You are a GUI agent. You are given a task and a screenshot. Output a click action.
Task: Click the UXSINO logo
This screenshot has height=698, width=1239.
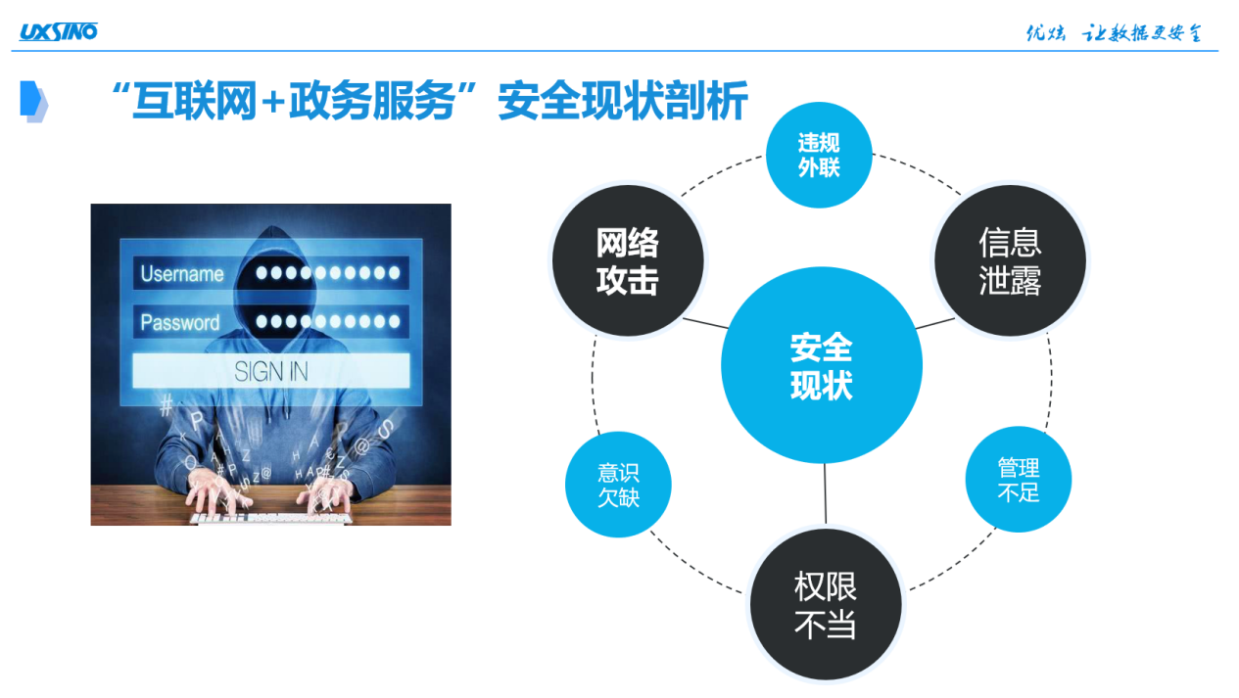click(59, 32)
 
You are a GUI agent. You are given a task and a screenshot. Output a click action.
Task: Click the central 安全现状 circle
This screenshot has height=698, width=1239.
click(822, 365)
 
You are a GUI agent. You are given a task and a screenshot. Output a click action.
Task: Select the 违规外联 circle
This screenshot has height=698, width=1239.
click(819, 155)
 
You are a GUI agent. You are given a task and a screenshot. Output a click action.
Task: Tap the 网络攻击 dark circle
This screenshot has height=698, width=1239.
click(628, 260)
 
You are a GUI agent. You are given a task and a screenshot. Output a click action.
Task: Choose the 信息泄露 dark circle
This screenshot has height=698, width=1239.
click(1010, 260)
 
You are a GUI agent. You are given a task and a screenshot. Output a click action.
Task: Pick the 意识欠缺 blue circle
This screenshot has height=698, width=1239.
click(618, 485)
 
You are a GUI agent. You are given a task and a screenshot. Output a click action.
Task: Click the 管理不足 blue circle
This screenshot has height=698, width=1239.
click(1019, 479)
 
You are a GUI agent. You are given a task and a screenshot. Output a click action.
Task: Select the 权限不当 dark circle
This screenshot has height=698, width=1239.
click(826, 604)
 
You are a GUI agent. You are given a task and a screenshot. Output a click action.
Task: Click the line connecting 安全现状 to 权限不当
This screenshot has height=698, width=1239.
click(826, 493)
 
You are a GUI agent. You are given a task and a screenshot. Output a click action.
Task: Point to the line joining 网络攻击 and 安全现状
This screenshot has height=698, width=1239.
click(706, 323)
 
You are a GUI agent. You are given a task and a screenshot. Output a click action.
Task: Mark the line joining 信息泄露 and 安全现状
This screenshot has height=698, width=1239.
click(935, 323)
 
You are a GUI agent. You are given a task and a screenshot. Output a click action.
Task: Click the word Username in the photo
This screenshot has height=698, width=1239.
click(182, 273)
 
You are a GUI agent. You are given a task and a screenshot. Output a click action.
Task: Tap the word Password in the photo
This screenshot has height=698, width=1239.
click(180, 322)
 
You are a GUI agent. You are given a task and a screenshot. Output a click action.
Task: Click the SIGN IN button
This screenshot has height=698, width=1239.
click(271, 371)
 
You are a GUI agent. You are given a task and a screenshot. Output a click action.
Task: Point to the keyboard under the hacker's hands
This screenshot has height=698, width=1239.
click(271, 519)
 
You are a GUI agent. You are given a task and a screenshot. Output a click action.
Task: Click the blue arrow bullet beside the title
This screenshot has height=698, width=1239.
click(33, 101)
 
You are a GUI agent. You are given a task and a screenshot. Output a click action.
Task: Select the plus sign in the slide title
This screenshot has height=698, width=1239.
click(273, 102)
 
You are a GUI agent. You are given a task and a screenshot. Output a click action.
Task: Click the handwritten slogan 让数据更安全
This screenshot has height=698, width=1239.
click(1142, 33)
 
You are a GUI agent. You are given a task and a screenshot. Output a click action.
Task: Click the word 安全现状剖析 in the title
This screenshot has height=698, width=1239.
click(623, 101)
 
